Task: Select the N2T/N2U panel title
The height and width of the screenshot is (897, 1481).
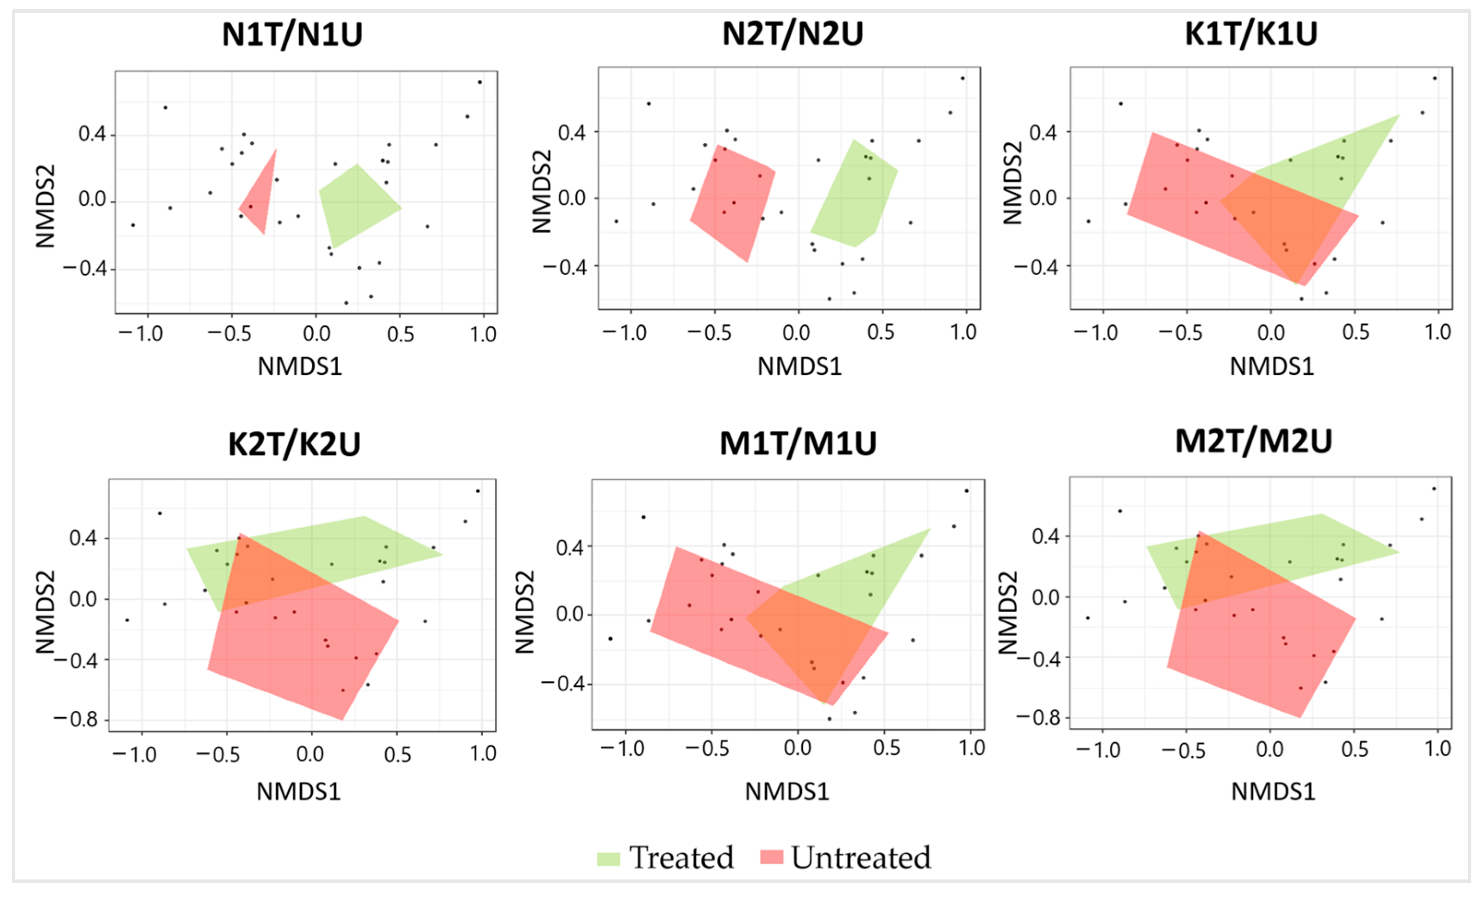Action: click(793, 34)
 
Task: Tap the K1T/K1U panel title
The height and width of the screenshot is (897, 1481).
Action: click(1251, 34)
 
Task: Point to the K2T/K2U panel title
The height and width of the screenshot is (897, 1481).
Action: click(295, 445)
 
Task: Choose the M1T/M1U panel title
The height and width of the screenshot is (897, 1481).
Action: click(798, 443)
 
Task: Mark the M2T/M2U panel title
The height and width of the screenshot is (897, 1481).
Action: click(1254, 441)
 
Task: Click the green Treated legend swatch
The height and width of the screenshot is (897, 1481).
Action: click(608, 858)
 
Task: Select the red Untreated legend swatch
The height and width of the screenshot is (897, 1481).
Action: click(772, 857)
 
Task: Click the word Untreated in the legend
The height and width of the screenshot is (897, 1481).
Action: click(861, 857)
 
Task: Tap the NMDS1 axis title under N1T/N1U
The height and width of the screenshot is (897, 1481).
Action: click(300, 366)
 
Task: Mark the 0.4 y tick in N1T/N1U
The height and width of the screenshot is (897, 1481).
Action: click(92, 134)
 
